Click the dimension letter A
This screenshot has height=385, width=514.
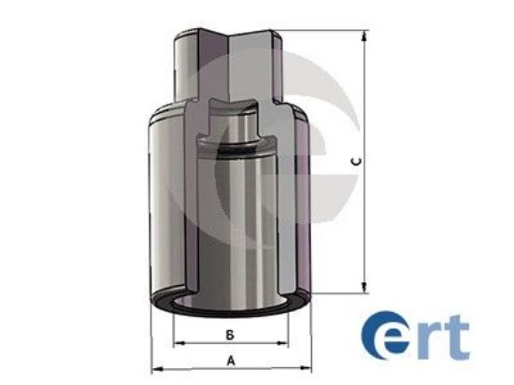tap(230, 360)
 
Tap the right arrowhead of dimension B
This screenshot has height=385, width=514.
tap(285, 341)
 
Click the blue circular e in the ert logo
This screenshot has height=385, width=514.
tap(385, 338)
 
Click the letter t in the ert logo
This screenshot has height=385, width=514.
tap(457, 338)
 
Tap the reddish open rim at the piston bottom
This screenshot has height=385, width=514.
tap(230, 306)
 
